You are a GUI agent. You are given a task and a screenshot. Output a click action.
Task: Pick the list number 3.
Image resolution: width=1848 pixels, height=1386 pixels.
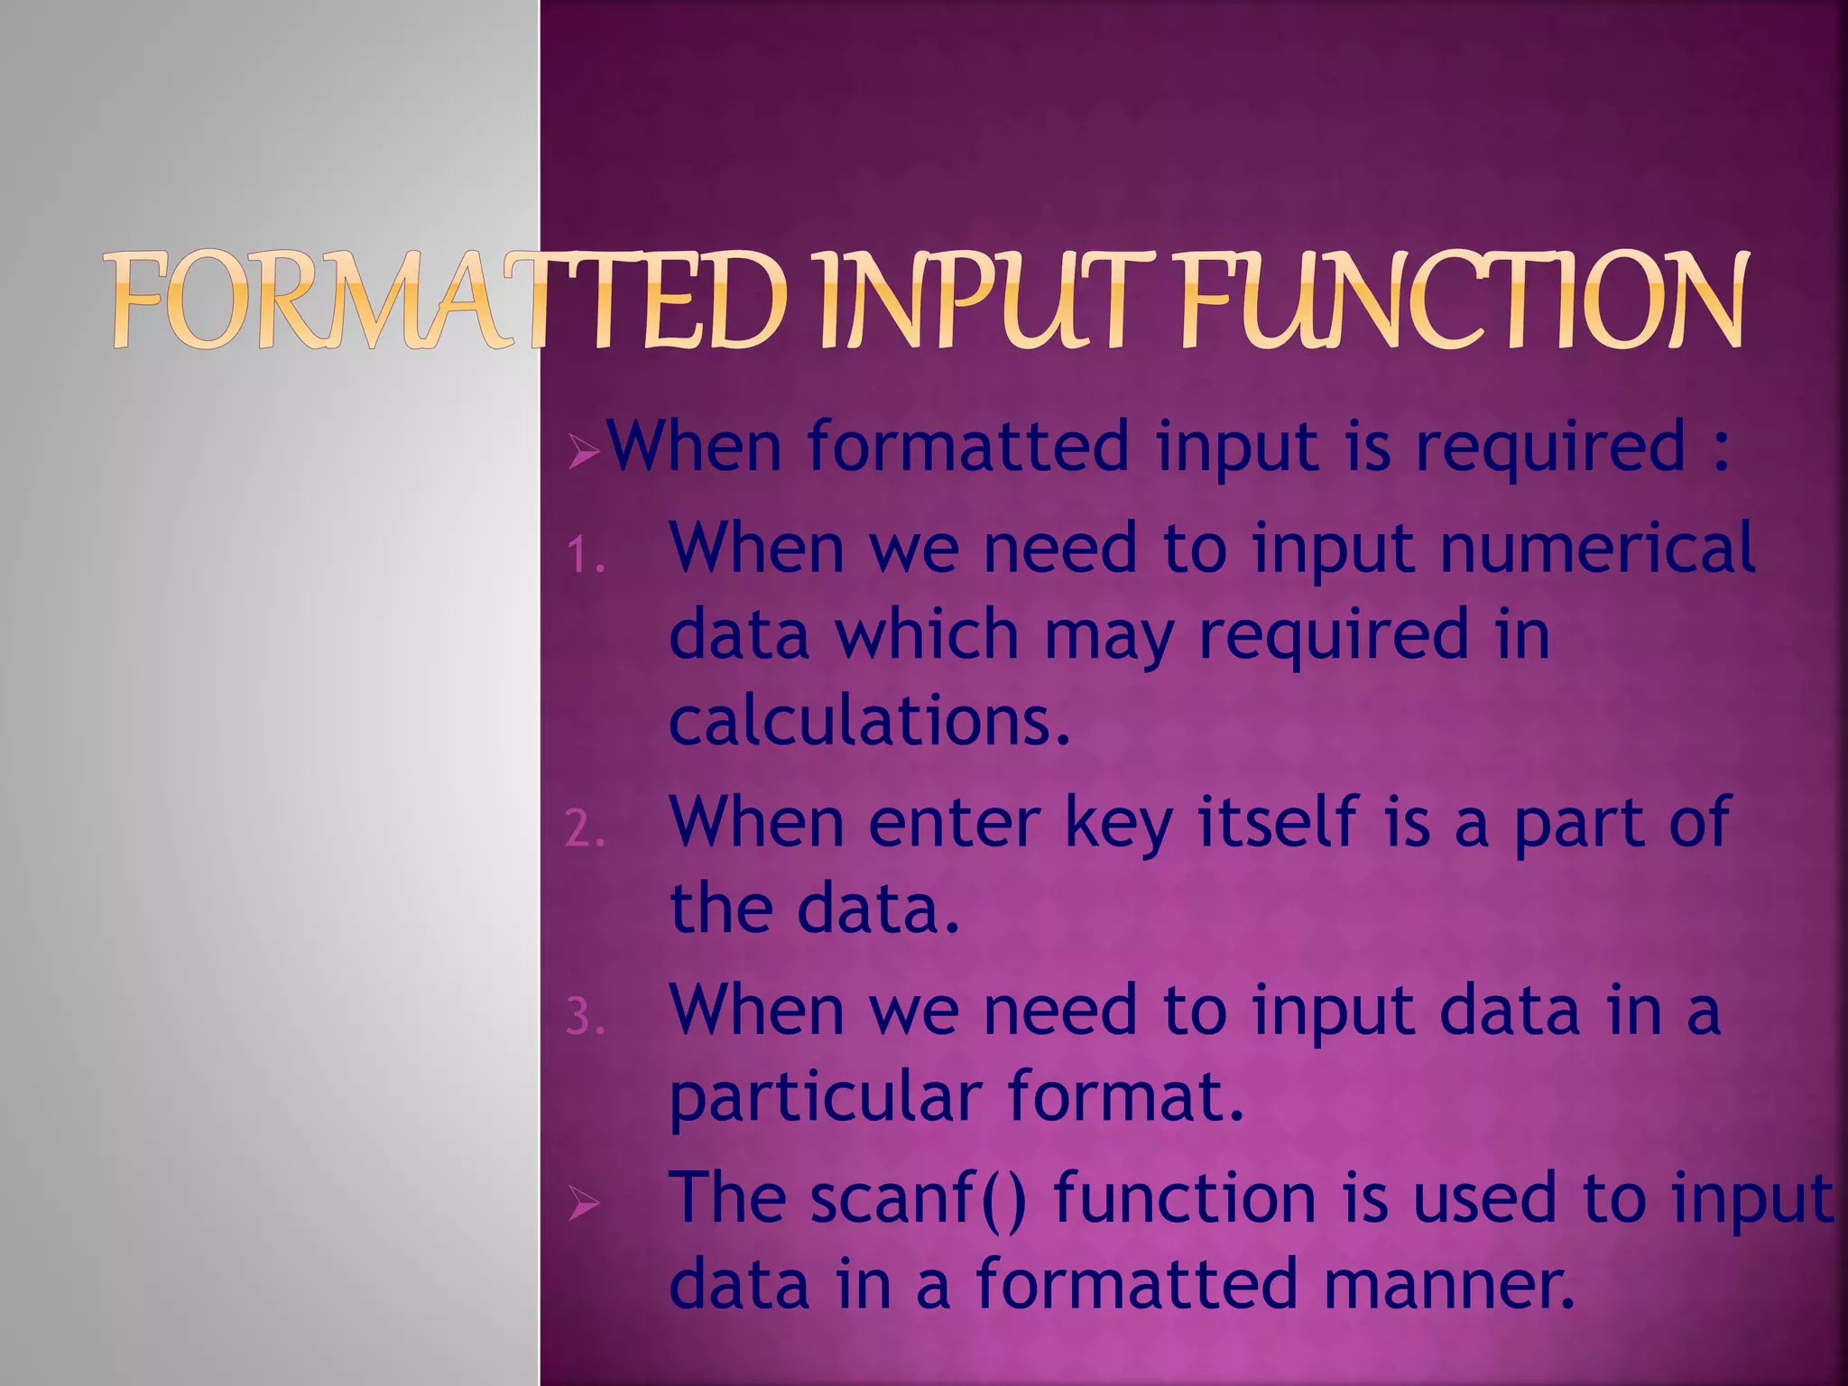click(585, 1018)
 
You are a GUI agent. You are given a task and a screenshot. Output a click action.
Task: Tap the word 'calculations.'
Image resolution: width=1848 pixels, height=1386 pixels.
click(870, 721)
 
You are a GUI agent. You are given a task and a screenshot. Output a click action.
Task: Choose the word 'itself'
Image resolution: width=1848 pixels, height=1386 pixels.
click(1278, 821)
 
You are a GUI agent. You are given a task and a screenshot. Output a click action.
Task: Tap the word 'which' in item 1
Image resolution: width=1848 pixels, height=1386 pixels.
click(926, 634)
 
